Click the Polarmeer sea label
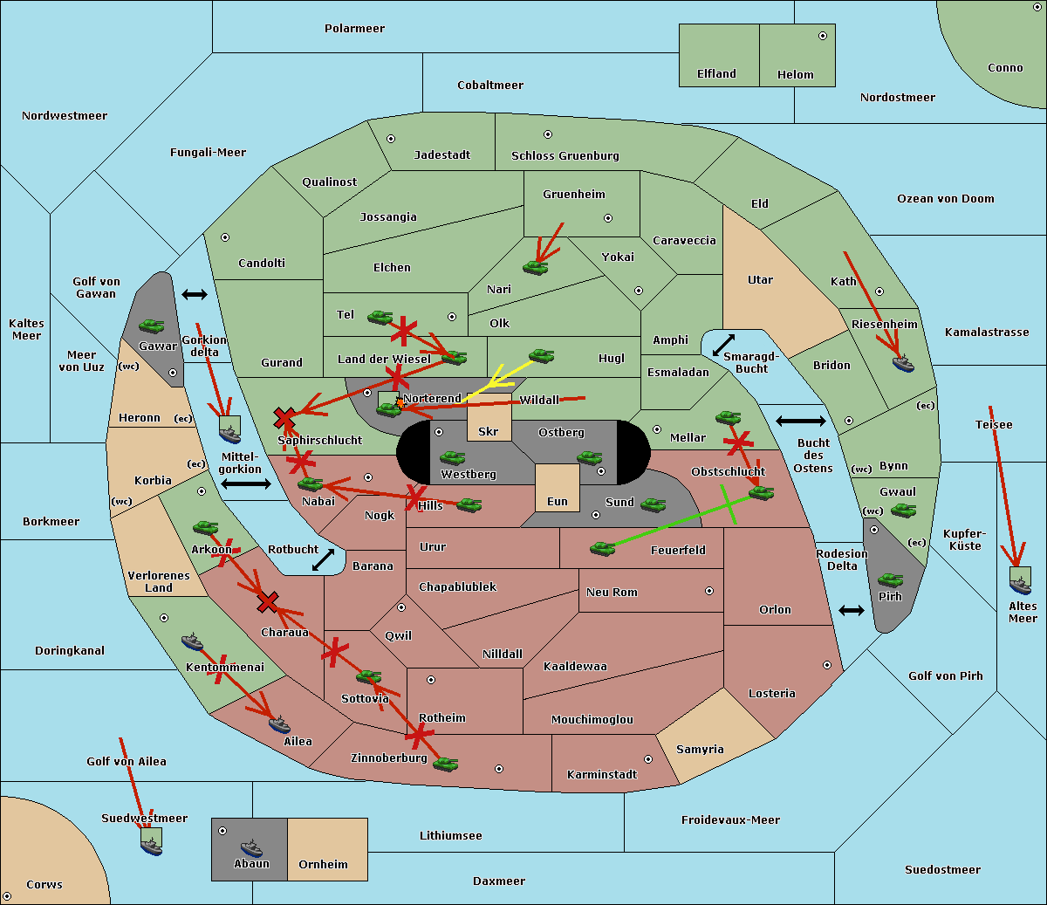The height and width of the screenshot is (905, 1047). pyautogui.click(x=354, y=29)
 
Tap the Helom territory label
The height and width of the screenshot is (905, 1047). pyautogui.click(x=795, y=75)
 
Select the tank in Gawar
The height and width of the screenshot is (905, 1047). pyautogui.click(x=152, y=326)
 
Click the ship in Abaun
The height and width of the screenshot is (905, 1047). pyautogui.click(x=251, y=847)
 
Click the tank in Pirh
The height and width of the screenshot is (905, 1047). pyautogui.click(x=890, y=580)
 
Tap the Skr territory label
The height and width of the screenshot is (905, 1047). pyautogui.click(x=488, y=431)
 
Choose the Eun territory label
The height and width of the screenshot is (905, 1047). pyautogui.click(x=557, y=502)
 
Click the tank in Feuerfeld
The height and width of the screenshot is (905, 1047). pyautogui.click(x=602, y=548)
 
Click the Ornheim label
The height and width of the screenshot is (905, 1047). pyautogui.click(x=323, y=865)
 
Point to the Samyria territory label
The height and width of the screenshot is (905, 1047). pyautogui.click(x=700, y=750)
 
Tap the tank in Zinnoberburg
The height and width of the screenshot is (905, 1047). pyautogui.click(x=445, y=764)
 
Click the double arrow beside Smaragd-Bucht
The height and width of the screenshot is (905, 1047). pyautogui.click(x=723, y=345)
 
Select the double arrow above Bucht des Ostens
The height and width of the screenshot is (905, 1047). pyautogui.click(x=800, y=422)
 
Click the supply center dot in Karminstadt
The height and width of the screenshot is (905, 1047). pyautogui.click(x=647, y=759)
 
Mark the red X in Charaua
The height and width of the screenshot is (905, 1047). pyautogui.click(x=268, y=602)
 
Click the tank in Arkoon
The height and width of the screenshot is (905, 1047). pyautogui.click(x=205, y=527)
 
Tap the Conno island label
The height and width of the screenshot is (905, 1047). pyautogui.click(x=1005, y=68)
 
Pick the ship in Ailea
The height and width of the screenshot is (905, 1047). pyautogui.click(x=278, y=723)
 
